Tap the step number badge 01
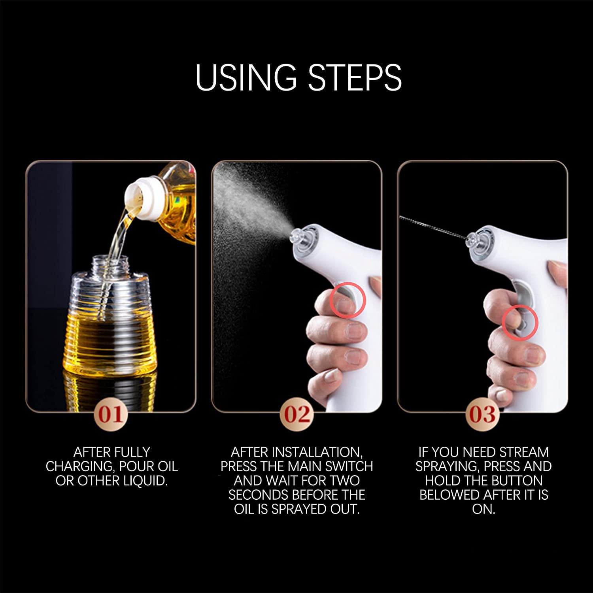[111, 415]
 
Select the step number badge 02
[297, 415]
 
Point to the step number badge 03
[483, 415]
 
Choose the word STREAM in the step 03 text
[524, 452]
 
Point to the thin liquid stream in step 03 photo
[433, 228]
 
